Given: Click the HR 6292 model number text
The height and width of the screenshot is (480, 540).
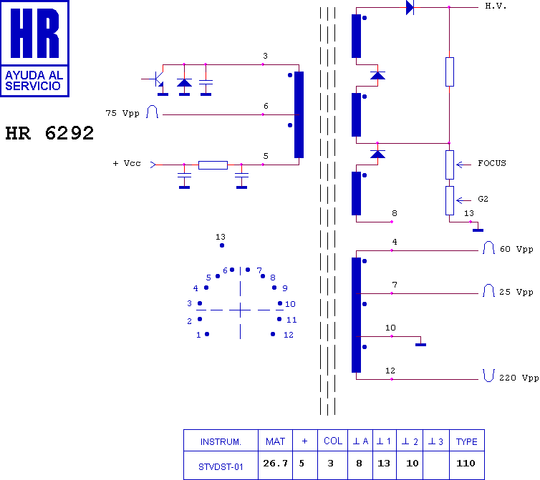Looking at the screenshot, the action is coord(49,133).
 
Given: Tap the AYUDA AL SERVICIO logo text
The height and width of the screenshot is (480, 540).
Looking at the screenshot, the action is coord(34,81).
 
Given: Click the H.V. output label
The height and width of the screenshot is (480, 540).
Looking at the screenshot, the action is coord(496,6).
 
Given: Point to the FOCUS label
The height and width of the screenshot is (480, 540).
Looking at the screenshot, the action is coord(492,163).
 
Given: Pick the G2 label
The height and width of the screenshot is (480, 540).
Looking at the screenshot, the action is coord(483,199).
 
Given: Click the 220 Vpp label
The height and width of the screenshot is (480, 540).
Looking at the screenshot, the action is coord(519,378).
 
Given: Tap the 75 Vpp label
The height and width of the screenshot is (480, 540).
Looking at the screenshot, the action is coord(122,113).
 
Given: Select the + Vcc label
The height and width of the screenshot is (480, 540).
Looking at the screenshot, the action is coord(127,163).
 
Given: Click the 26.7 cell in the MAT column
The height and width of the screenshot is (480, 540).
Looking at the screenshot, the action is coord(275,463).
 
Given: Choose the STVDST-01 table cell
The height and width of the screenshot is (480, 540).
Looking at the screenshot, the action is coord(221,467).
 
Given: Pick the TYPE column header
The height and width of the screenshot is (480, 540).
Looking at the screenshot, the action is coord(467,442).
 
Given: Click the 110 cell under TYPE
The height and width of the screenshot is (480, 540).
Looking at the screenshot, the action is coord(466,463).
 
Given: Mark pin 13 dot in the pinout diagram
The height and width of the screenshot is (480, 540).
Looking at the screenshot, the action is coord(222,245).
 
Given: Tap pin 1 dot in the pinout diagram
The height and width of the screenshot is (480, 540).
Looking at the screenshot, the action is coord(207,334).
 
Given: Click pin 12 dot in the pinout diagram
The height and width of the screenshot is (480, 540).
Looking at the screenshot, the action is coord(273,334).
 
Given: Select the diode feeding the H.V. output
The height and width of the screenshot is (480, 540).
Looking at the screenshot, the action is coord(410,7).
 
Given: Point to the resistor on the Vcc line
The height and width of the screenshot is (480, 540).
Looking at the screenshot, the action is coord(213,165).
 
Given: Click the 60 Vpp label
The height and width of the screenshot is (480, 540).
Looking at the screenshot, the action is coord(516,249).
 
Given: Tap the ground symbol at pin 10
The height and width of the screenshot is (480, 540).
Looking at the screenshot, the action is coord(421,344).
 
